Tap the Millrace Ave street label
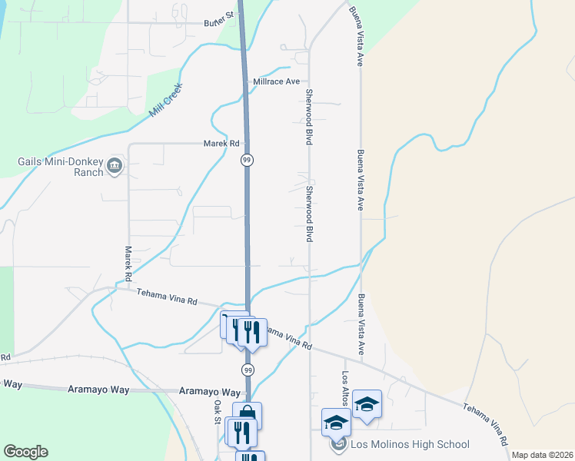pos(276,81)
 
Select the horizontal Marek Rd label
pos(221,144)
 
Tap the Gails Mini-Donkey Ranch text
pos(61,167)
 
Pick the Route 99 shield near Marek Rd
pos(246,160)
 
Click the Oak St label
pos(218,410)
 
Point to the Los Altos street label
pos(346,391)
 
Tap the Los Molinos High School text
pos(410,444)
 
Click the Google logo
pos(25,452)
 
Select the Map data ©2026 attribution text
pos(543,455)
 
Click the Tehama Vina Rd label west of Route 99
pos(167,297)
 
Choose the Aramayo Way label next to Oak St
pos(210,391)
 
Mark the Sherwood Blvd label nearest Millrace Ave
pos(310,117)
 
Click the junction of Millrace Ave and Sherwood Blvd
pos(309,81)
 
